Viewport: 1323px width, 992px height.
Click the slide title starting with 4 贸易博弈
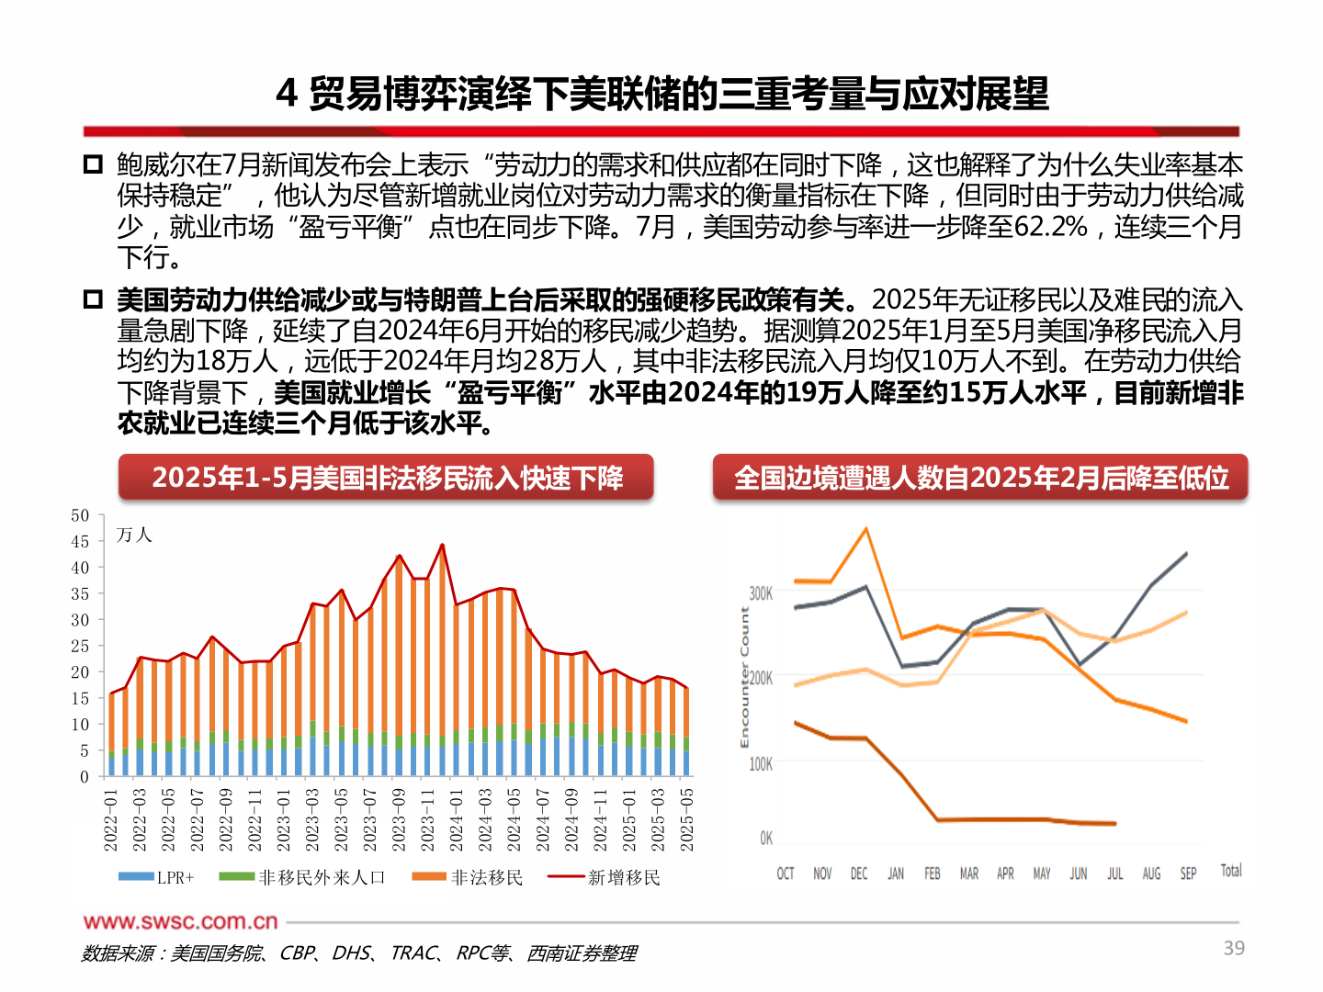[x=661, y=94]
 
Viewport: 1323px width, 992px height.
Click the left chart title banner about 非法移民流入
[x=387, y=478]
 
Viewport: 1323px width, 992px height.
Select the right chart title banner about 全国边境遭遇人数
[x=980, y=478]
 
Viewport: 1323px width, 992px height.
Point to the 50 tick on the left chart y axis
[x=81, y=516]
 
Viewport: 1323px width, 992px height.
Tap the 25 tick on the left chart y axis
[x=81, y=647]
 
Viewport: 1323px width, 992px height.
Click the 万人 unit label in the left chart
[x=134, y=535]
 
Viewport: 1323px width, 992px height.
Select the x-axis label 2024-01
[x=457, y=819]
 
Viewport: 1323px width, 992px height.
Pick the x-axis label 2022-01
[x=111, y=819]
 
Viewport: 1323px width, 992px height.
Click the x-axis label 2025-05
[x=686, y=819]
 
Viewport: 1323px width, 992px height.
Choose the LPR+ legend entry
[x=157, y=878]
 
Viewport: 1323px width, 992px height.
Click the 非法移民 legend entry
[x=468, y=878]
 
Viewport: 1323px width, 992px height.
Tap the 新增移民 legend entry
[x=605, y=878]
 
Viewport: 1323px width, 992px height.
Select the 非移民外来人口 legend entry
[x=302, y=878]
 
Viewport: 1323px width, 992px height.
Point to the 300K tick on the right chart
[x=761, y=593]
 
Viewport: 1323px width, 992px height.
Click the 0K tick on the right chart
[x=765, y=838]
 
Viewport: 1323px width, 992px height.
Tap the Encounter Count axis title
[x=744, y=678]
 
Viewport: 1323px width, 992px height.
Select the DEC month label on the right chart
[x=858, y=874]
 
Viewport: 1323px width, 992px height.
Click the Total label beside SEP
[x=1230, y=871]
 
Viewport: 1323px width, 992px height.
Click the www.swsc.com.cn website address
[x=181, y=921]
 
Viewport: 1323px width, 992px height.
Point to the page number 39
[x=1234, y=948]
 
